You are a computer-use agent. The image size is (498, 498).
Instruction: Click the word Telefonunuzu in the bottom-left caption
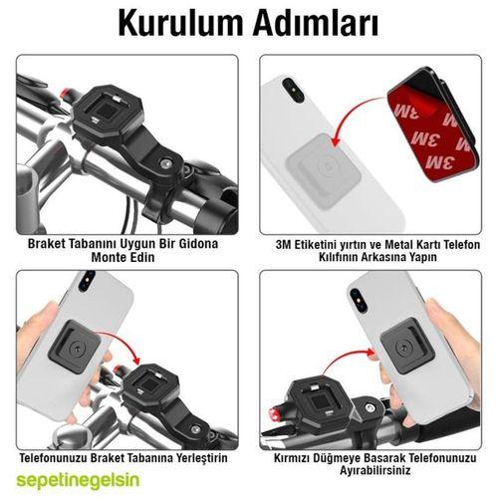tap(60, 457)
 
